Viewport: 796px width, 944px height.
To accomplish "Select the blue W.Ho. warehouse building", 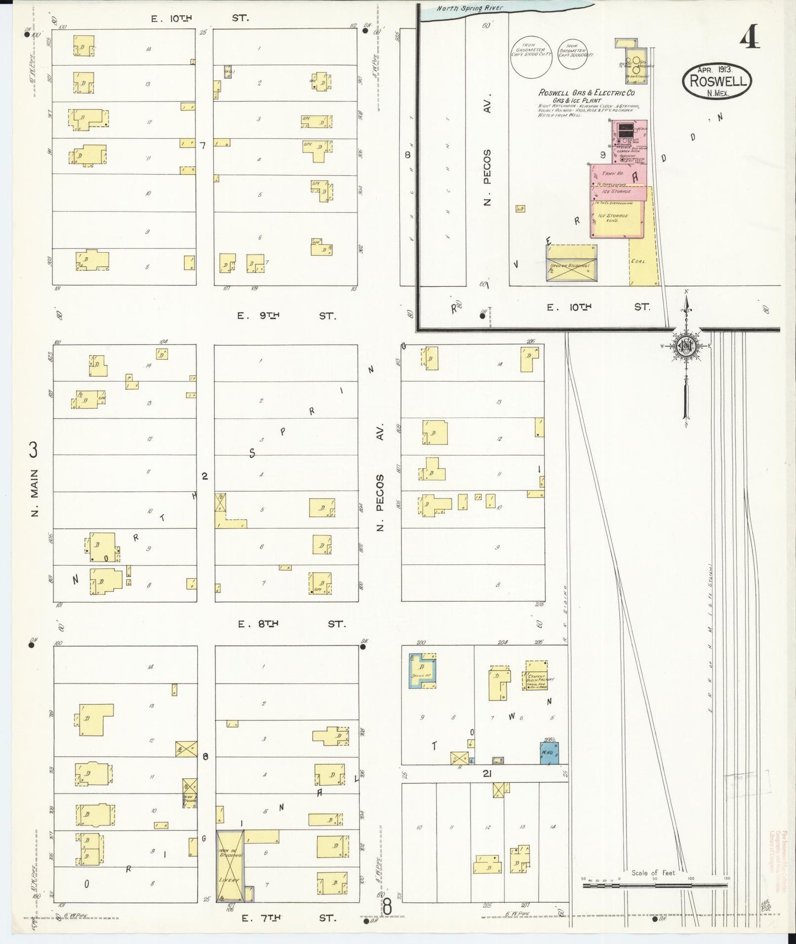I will point(549,753).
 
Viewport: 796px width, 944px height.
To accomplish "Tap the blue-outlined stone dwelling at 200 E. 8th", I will point(423,671).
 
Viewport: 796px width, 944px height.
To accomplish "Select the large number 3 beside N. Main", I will point(33,451).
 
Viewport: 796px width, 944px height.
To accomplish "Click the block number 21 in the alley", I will point(487,774).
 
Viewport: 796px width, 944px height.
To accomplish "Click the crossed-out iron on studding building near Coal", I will point(571,264).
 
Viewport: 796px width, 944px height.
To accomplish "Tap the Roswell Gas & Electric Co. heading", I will point(586,94).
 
